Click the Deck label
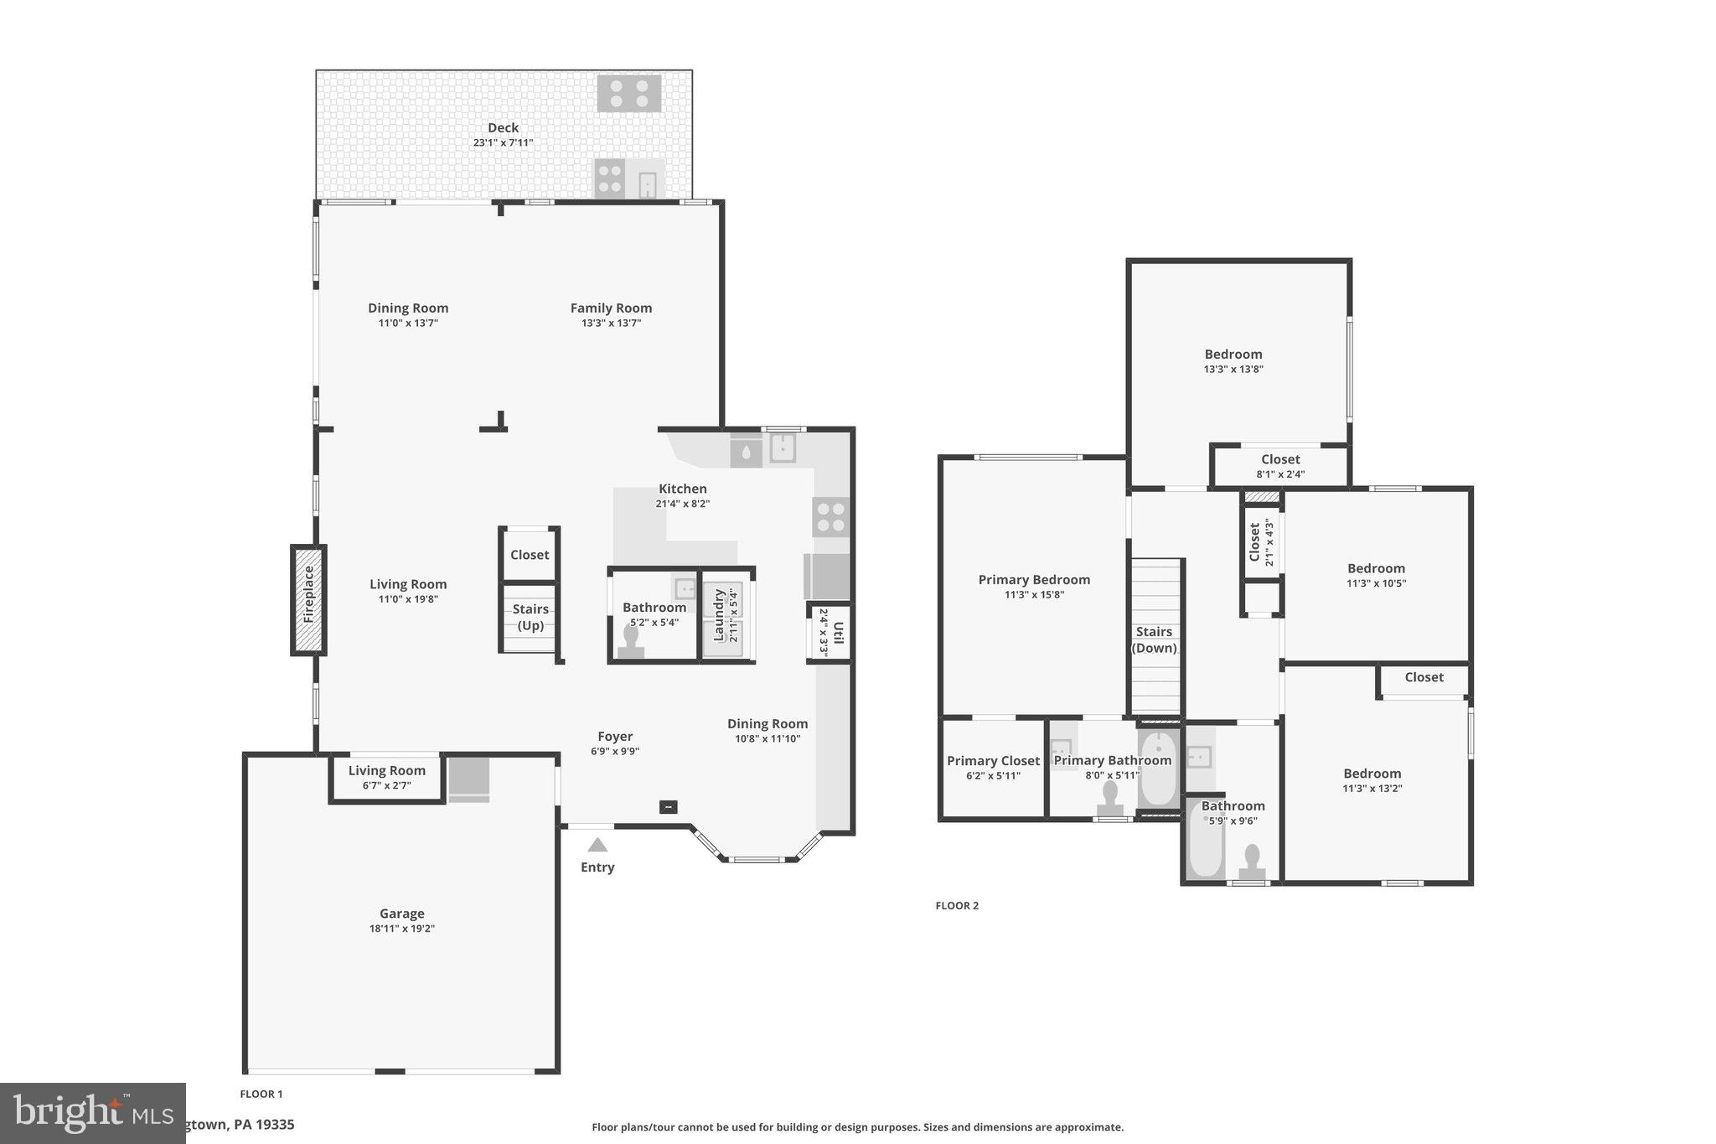pos(503,127)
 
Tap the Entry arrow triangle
pos(597,845)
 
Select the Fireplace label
pos(308,594)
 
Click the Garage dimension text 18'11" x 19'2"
pos(402,929)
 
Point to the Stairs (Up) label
pos(530,617)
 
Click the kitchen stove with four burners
pos(830,517)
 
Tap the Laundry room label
pos(718,614)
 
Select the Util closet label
pos(838,633)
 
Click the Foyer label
pos(615,737)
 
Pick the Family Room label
pos(611,308)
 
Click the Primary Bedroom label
pos(1034,579)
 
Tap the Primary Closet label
pos(993,760)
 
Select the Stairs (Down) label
pos(1154,639)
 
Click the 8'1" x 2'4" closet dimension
pos(1280,474)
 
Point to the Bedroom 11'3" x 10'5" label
pos(1376,568)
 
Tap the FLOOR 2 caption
pos(957,905)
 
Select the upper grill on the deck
pos(629,93)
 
